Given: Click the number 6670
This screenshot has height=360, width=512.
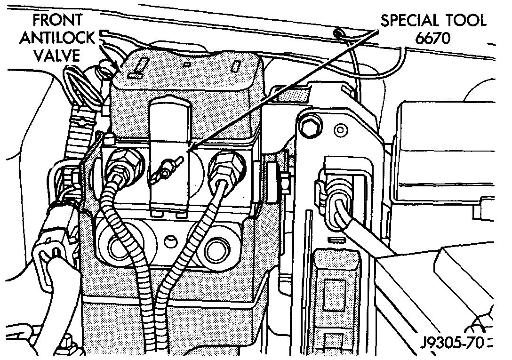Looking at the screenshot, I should click(x=432, y=38).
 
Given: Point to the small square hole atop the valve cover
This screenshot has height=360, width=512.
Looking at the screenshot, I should click(x=187, y=64).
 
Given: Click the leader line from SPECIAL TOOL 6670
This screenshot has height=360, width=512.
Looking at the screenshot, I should click(x=282, y=89).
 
